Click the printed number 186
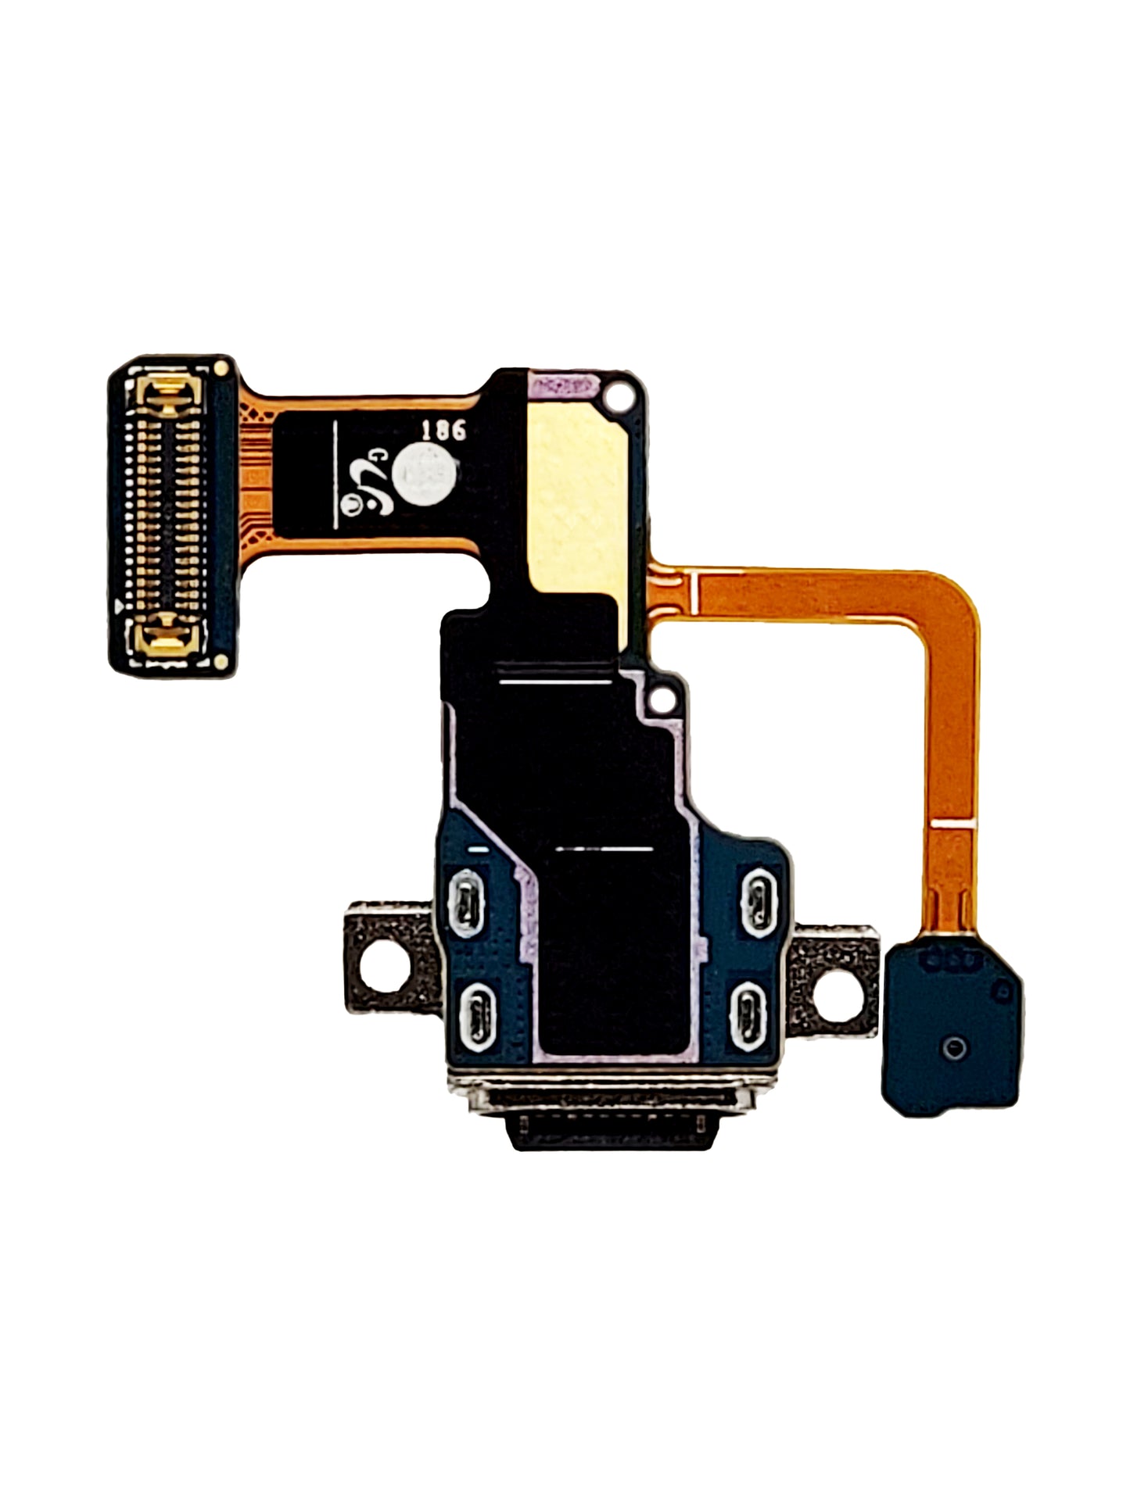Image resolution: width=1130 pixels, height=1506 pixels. [x=443, y=430]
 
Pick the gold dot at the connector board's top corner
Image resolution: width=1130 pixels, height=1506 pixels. [x=222, y=367]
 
